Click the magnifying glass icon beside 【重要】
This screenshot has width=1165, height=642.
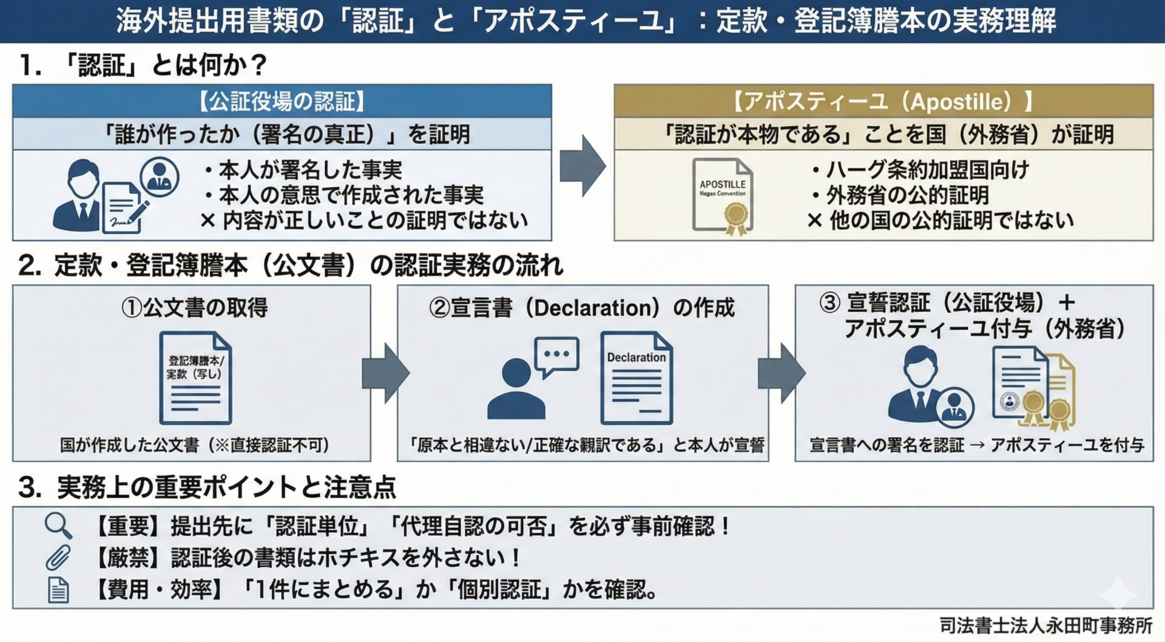[x=58, y=526]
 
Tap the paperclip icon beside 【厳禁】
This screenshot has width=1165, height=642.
[x=58, y=558]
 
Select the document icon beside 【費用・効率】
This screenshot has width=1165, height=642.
[x=58, y=590]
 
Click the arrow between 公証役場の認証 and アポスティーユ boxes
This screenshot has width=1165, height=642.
[x=582, y=166]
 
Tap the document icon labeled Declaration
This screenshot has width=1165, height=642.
[x=637, y=378]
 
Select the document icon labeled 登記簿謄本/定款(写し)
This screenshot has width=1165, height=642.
[x=195, y=378]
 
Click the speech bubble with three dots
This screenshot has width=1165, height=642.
[x=556, y=355]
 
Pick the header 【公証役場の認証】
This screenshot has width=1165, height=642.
[x=282, y=101]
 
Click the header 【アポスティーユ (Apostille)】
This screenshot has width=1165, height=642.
[x=883, y=101]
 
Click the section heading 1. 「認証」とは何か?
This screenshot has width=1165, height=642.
[x=143, y=65]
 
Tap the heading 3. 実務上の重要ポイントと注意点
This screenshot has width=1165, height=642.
[x=207, y=487]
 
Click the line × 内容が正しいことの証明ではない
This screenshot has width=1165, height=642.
[x=364, y=220]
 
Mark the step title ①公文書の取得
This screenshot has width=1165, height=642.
[x=194, y=308]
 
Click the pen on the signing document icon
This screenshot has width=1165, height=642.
[x=138, y=212]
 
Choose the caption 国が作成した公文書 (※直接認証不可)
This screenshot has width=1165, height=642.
[x=194, y=446]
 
